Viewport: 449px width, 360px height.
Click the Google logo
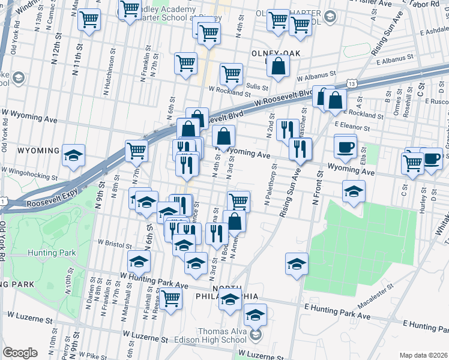pyautogui.click(x=19, y=353)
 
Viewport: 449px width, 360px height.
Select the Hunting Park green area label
pyautogui.click(x=51, y=253)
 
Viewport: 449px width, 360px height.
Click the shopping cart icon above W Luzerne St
pyautogui.click(x=171, y=298)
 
